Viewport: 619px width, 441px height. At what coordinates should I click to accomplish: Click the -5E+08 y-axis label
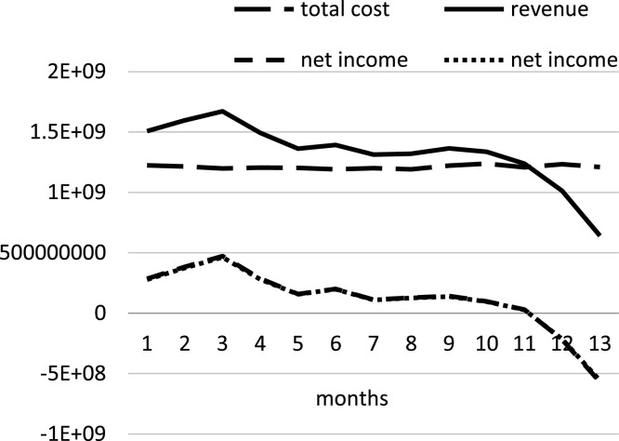click(x=89, y=374)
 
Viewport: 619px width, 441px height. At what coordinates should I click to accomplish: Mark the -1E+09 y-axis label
click(x=89, y=434)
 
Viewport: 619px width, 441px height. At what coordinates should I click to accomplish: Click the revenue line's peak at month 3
click(x=221, y=111)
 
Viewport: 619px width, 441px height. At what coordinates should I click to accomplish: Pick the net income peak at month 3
click(x=221, y=256)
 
